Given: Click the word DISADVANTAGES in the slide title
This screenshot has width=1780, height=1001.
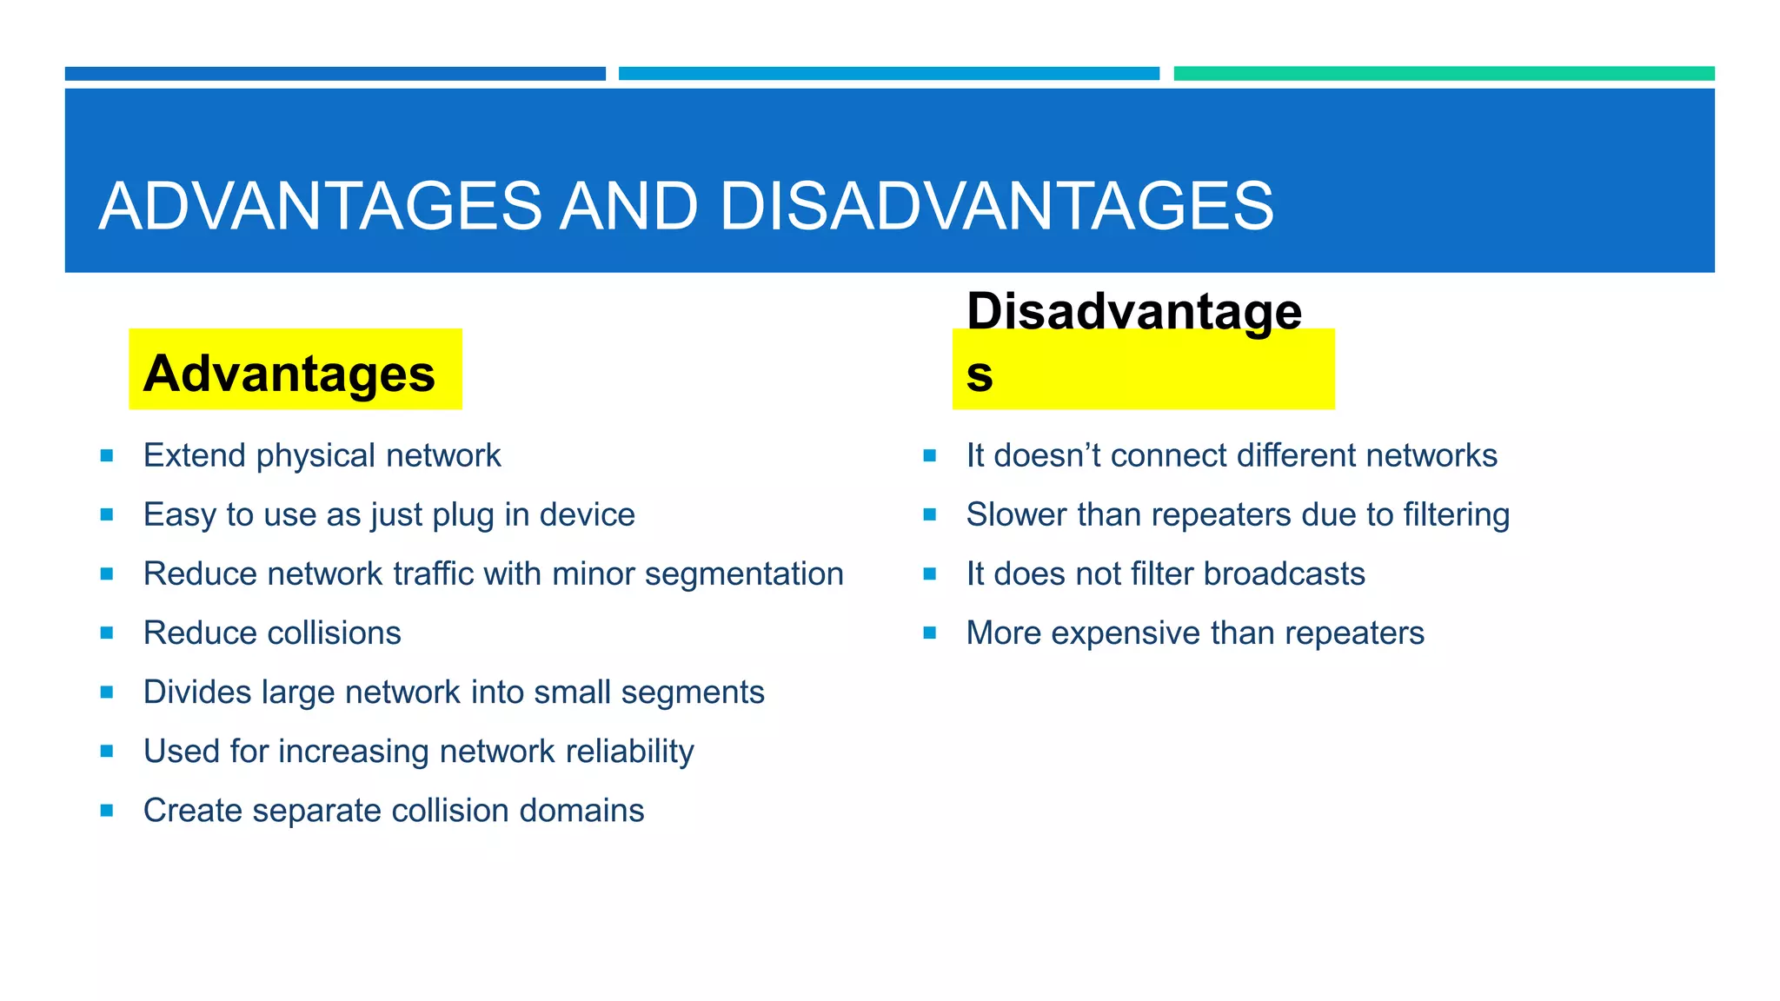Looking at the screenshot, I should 996,207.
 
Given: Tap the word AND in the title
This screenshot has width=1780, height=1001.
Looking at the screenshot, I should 628,207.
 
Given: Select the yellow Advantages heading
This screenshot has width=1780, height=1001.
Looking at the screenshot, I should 289,374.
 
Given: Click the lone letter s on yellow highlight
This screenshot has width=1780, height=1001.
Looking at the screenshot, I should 980,375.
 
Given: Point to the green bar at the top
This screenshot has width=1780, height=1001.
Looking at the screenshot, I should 1444,74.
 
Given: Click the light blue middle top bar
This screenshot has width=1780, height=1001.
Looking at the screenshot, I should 888,74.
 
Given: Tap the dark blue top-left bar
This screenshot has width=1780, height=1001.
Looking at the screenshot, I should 335,74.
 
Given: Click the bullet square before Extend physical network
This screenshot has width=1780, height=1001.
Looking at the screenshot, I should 107,455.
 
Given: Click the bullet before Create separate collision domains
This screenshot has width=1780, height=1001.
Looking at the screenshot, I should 107,811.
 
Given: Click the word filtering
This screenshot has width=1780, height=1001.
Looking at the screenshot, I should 1456,515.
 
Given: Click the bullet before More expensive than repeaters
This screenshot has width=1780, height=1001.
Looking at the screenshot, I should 930,633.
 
